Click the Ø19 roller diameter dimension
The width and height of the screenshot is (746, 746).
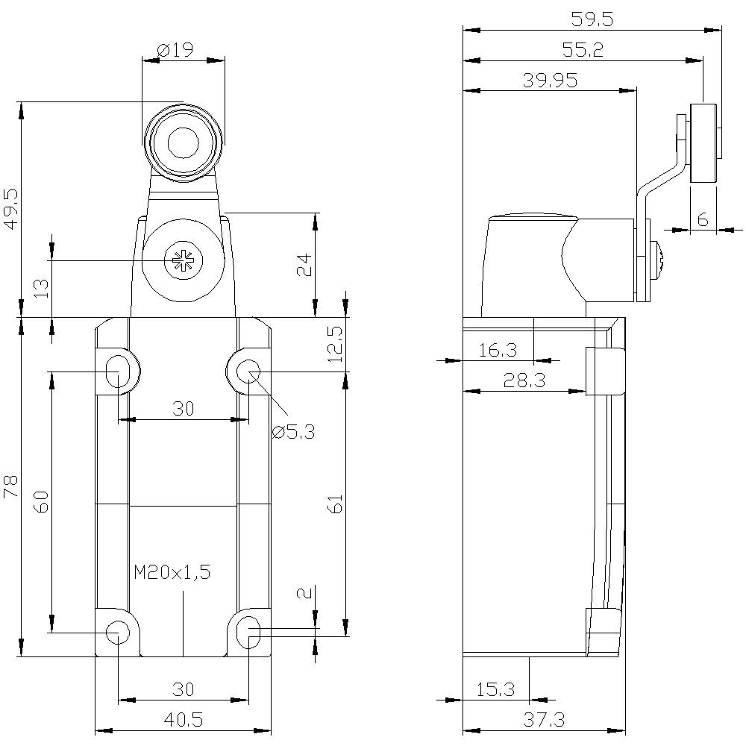pos(175,50)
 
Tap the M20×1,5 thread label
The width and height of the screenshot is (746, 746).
pos(173,572)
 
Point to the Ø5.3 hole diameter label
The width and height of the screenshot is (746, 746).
pos(293,431)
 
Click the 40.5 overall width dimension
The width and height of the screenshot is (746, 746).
pos(183,719)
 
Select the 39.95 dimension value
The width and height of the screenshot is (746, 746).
pos(550,81)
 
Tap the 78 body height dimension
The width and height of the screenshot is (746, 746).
pos(10,489)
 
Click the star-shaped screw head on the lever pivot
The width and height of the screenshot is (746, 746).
pos(180,260)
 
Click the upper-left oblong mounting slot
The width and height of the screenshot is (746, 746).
pos(117,371)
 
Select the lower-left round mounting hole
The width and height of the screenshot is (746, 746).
pos(116,633)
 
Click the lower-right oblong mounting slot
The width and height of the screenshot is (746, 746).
pos(249,633)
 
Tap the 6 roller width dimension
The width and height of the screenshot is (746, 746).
pos(702,219)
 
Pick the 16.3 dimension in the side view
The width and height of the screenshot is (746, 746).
pos(498,350)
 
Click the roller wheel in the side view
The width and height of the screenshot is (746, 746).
pos(703,143)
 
